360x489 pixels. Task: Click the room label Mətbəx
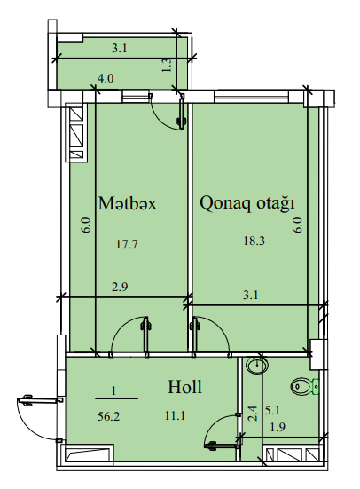(x=127, y=203)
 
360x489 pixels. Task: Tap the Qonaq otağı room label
(x=247, y=203)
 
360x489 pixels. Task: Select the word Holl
(x=184, y=387)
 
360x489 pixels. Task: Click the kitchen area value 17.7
(x=127, y=244)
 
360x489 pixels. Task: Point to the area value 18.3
(x=254, y=241)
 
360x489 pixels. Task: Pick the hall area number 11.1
(x=176, y=415)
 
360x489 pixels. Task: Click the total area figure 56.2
(x=108, y=416)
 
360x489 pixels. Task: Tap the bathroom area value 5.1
(x=272, y=410)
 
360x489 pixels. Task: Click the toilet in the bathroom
(x=305, y=387)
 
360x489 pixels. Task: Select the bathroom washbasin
(x=257, y=365)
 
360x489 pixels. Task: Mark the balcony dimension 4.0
(x=106, y=78)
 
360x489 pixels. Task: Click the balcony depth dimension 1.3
(x=168, y=66)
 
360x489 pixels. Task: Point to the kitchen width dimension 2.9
(x=120, y=287)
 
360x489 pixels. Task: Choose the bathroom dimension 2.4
(x=253, y=413)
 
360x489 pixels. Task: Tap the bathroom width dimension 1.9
(x=278, y=426)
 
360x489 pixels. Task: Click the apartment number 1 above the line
(x=113, y=390)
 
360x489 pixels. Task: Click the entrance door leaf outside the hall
(x=41, y=399)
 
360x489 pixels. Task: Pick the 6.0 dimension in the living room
(x=298, y=225)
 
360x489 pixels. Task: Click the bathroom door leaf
(x=222, y=446)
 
